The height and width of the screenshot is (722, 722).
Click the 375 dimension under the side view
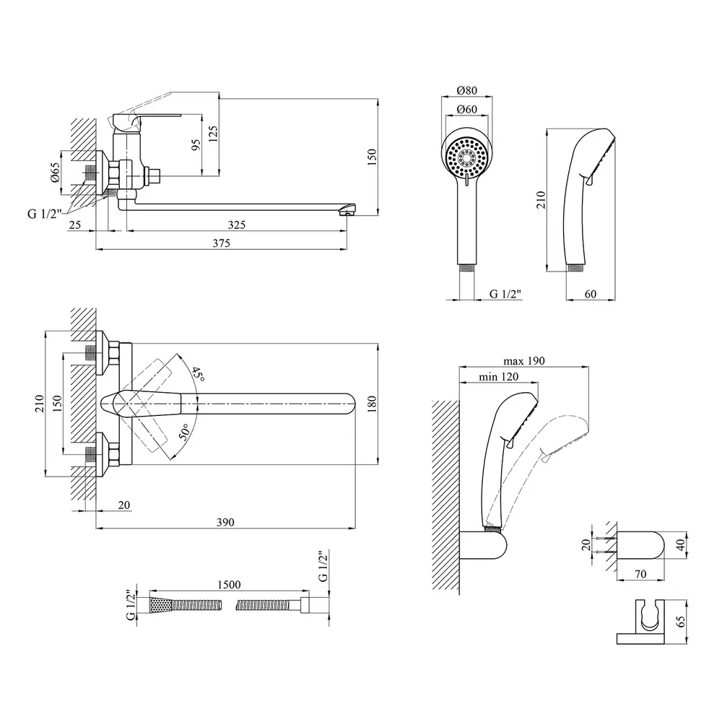(221, 243)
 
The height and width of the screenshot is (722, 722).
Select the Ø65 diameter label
(55, 173)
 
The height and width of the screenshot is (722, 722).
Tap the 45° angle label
(196, 374)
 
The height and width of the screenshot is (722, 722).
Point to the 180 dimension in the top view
(373, 402)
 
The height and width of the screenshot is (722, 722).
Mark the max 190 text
(524, 360)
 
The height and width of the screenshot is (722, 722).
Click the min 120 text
(499, 378)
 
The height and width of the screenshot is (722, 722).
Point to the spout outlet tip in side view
(348, 210)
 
